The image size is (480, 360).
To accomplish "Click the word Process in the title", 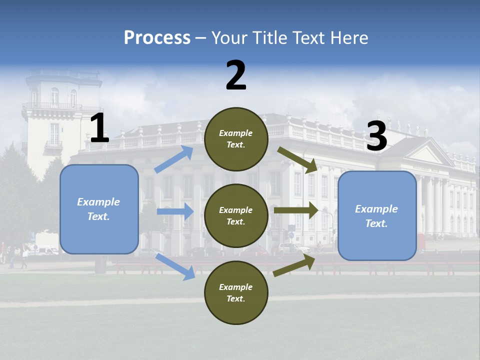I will pyautogui.click(x=157, y=37).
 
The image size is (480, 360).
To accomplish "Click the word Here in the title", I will pyautogui.click(x=347, y=37).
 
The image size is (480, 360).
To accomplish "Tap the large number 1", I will pyautogui.click(x=99, y=128).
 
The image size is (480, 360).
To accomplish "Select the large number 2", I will pyautogui.click(x=236, y=75).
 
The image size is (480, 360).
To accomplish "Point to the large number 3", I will pyautogui.click(x=376, y=137).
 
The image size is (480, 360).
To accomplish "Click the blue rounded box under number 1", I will pyautogui.click(x=99, y=209).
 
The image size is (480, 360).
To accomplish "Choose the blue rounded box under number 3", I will pyautogui.click(x=377, y=215).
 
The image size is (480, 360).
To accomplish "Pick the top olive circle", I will pyautogui.click(x=236, y=139).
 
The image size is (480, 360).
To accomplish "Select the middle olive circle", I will pyautogui.click(x=236, y=215).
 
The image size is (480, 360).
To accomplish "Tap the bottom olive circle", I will pyautogui.click(x=236, y=292).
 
